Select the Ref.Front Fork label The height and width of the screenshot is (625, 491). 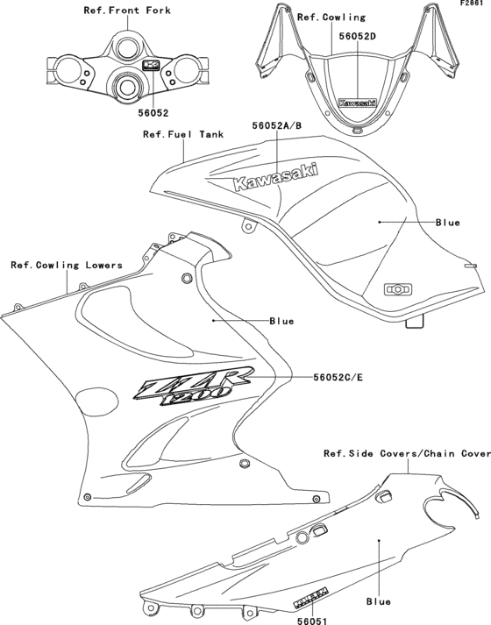(x=127, y=11)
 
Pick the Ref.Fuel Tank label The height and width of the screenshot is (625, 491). (x=183, y=135)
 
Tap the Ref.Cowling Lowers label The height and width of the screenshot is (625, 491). (x=67, y=264)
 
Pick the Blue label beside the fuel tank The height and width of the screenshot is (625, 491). (x=447, y=223)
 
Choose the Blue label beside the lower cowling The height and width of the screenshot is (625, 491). (x=281, y=321)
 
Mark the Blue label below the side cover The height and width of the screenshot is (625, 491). (x=379, y=601)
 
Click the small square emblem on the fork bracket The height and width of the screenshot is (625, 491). (x=150, y=66)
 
